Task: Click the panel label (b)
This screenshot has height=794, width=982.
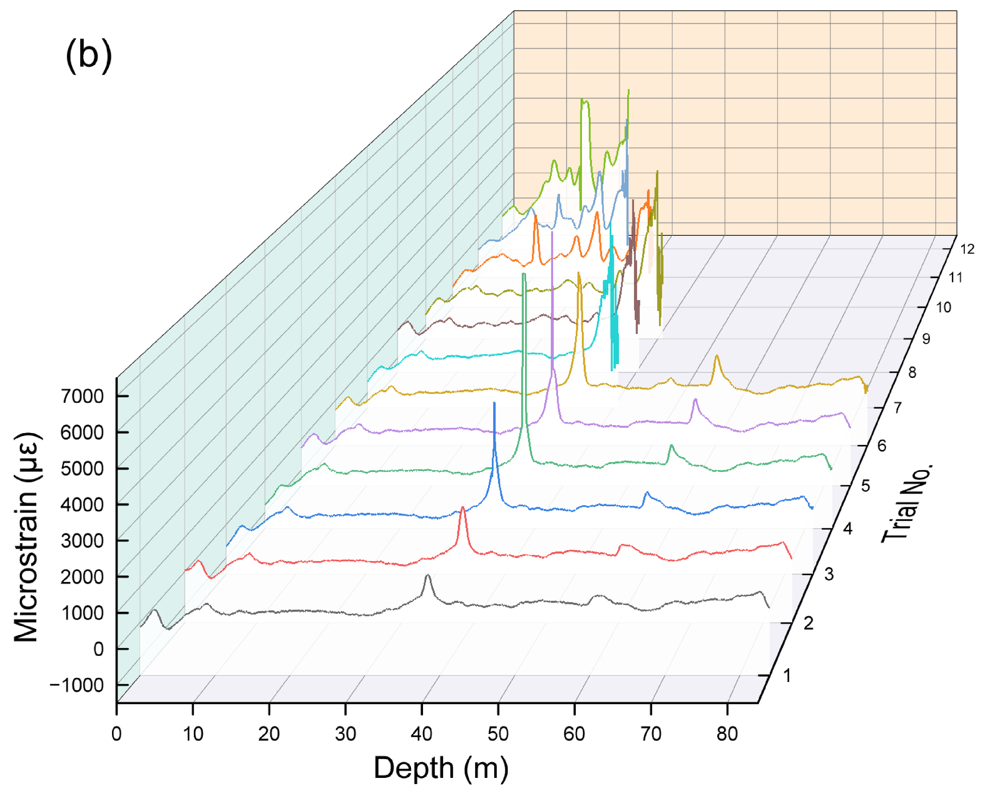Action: pyautogui.click(x=89, y=55)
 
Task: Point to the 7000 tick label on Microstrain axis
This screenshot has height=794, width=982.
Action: pyautogui.click(x=82, y=396)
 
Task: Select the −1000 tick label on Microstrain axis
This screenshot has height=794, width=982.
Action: pyautogui.click(x=76, y=685)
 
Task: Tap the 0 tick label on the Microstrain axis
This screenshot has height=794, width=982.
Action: pyautogui.click(x=98, y=649)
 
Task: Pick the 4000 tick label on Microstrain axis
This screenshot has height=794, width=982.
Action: pyautogui.click(x=82, y=505)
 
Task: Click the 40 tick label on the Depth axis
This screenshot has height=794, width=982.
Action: pyautogui.click(x=421, y=734)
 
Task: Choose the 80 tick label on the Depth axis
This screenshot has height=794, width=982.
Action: pyautogui.click(x=727, y=734)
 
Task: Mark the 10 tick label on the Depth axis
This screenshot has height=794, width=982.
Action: pyautogui.click(x=192, y=734)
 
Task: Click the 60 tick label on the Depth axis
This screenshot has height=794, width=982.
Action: pyautogui.click(x=574, y=734)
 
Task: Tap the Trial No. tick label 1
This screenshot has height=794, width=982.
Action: pyautogui.click(x=787, y=675)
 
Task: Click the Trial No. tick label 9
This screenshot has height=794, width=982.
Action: pyautogui.click(x=926, y=339)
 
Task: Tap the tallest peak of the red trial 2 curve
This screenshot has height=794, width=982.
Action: pyautogui.click(x=463, y=507)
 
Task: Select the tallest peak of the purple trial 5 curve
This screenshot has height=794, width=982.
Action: pyautogui.click(x=552, y=233)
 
